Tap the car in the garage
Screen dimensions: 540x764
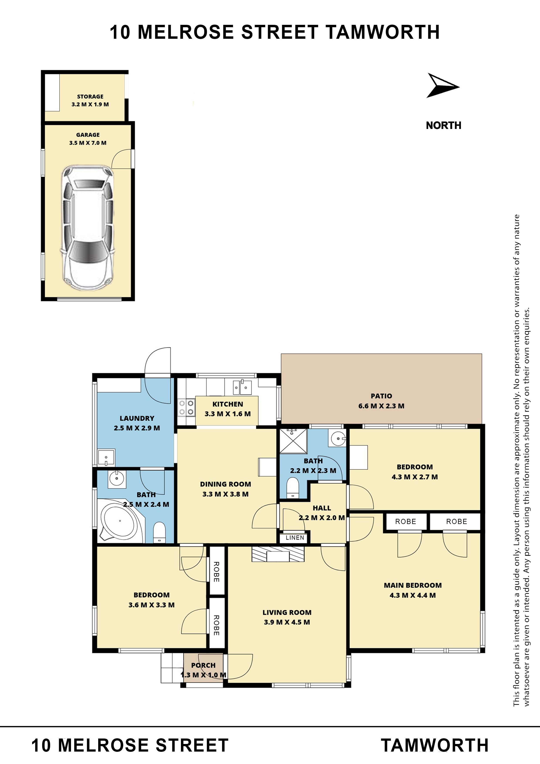point(87,228)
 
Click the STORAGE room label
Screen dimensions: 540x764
point(90,96)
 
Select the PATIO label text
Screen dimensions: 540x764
point(381,396)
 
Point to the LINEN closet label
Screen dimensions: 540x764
point(295,538)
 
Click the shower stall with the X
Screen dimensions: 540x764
point(293,441)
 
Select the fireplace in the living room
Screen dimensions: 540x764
point(278,554)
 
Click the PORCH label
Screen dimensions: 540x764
point(203,665)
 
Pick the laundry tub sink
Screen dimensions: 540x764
point(106,458)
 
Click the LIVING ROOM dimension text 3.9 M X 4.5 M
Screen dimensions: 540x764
point(287,622)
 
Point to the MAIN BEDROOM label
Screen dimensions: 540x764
point(413,585)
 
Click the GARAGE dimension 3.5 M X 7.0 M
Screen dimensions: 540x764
point(88,143)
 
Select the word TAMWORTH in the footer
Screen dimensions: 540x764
point(435,745)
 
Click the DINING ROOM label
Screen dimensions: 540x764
point(226,484)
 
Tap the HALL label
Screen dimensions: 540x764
point(322,508)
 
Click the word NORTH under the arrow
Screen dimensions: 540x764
point(444,125)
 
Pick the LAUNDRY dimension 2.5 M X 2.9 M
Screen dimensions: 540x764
point(137,428)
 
